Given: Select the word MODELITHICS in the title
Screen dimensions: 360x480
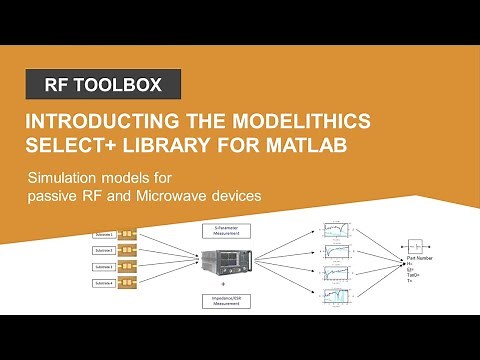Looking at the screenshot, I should (284, 122).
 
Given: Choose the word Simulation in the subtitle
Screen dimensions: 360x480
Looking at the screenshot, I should (67, 177).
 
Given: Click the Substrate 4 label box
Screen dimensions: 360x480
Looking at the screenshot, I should (104, 284).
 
